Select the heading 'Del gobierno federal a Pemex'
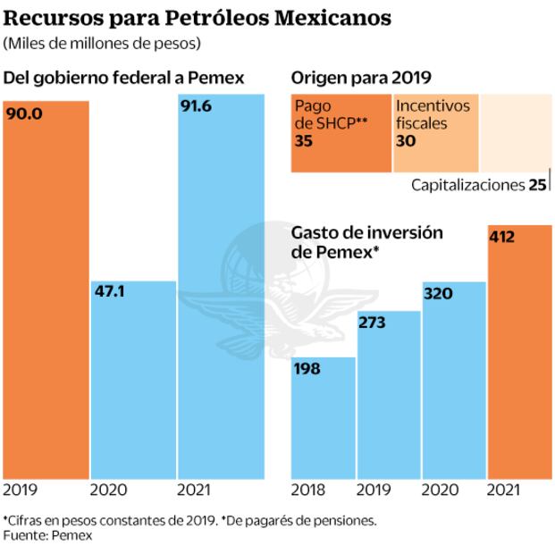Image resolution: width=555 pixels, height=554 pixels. tap(124, 78)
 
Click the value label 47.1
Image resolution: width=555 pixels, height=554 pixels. tap(112, 291)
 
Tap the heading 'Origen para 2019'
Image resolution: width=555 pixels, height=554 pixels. tap(355, 78)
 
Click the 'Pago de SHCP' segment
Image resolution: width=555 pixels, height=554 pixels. tap(341, 132)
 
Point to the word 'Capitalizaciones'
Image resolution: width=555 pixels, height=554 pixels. tap(467, 186)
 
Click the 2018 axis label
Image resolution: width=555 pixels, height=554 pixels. tap(308, 490)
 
